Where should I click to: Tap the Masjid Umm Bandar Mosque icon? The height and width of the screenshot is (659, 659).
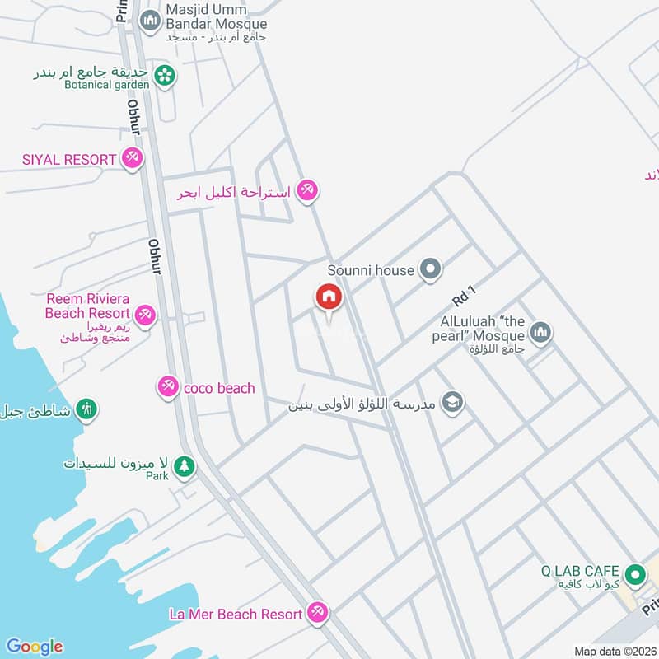point(149,21)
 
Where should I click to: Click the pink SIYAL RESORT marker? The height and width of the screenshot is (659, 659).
point(132,157)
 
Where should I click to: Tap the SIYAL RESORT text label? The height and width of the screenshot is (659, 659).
point(69,158)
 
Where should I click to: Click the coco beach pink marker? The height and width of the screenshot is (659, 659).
point(168,386)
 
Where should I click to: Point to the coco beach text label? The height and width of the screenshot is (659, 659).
point(219,388)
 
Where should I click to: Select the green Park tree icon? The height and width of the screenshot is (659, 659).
point(185,466)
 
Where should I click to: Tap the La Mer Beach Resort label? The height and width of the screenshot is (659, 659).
point(236,614)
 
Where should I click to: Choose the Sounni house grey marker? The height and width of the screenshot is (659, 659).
point(429,269)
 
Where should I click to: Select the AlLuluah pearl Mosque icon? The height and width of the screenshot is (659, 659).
point(540,333)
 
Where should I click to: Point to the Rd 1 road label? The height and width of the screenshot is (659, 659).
point(465,292)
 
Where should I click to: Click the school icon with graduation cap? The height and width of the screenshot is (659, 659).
point(452,403)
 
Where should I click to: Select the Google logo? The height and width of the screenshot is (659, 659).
point(34,647)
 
